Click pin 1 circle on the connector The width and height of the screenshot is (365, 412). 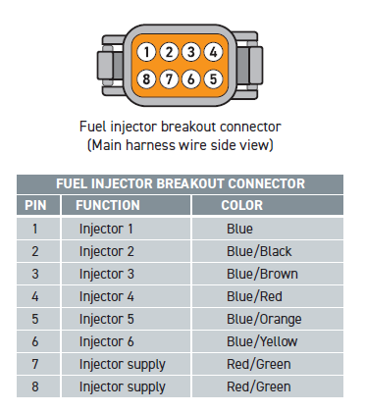click(x=146, y=52)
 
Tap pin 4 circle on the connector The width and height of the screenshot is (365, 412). click(x=213, y=52)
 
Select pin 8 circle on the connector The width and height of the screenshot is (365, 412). click(x=146, y=79)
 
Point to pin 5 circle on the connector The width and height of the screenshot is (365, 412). click(x=213, y=79)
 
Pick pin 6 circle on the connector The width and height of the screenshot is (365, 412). click(x=191, y=79)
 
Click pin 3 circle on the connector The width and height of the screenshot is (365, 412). click(x=191, y=52)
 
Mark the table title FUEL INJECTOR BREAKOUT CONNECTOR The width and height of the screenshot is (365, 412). click(x=181, y=183)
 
